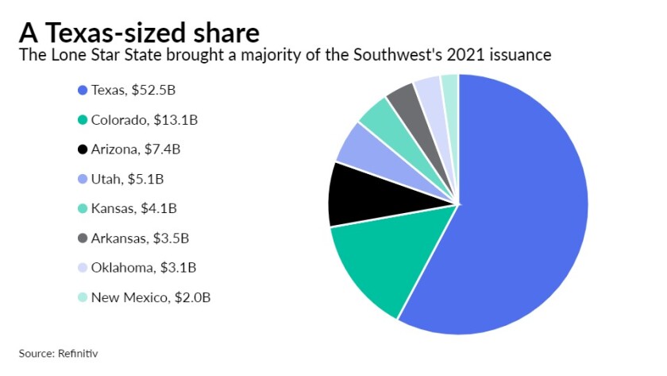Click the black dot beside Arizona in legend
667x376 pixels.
(82, 150)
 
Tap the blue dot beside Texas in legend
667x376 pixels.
(82, 91)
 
